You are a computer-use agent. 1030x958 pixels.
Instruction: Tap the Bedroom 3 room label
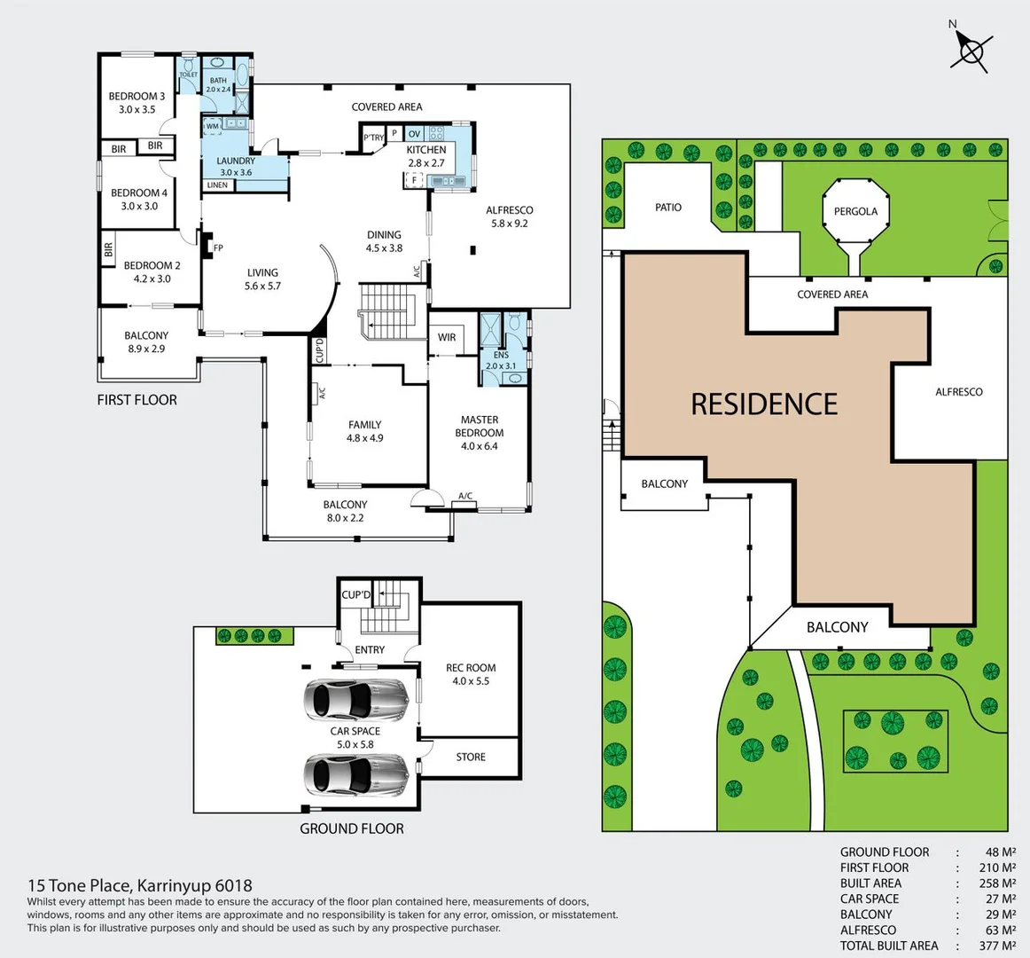click(x=137, y=103)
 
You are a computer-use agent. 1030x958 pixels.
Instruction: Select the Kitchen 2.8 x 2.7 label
click(x=426, y=156)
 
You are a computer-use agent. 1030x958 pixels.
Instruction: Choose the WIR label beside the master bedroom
click(x=447, y=337)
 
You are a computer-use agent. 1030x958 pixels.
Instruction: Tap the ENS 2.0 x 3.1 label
click(x=501, y=360)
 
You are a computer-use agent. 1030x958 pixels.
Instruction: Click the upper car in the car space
click(x=356, y=701)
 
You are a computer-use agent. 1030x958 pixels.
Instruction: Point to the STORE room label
click(x=471, y=757)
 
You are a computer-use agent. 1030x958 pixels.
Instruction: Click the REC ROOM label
click(x=471, y=674)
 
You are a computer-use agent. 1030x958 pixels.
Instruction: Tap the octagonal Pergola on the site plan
click(x=855, y=212)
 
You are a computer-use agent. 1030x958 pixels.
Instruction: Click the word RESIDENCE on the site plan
click(x=764, y=404)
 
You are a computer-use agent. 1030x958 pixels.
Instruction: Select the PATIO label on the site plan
click(x=668, y=207)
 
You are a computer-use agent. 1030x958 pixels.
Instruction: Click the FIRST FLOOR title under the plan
click(x=137, y=400)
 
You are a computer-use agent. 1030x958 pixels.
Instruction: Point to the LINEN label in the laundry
click(x=217, y=185)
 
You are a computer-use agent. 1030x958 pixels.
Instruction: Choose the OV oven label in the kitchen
click(x=414, y=134)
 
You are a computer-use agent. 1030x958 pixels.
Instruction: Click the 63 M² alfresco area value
click(x=1001, y=930)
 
